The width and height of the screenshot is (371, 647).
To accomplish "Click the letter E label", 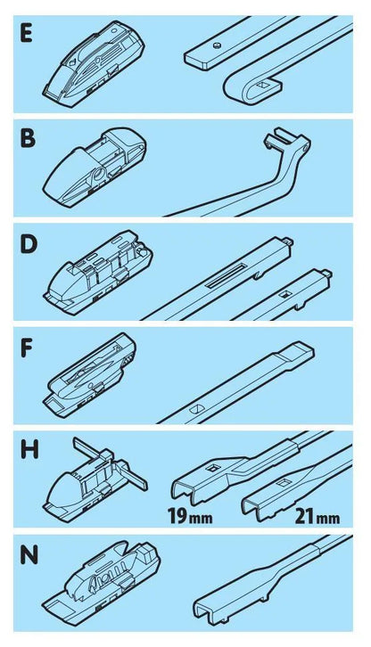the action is pyautogui.click(x=27, y=34).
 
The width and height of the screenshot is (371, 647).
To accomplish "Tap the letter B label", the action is pyautogui.click(x=28, y=138).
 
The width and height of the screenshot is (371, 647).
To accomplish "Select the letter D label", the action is pyautogui.click(x=29, y=245).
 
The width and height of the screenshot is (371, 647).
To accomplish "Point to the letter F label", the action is pyautogui.click(x=26, y=348).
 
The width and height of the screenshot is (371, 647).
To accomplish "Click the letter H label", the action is pyautogui.click(x=29, y=450).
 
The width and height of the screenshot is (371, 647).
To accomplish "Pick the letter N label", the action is pyautogui.click(x=29, y=555).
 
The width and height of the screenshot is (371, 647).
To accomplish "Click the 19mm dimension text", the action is pyautogui.click(x=190, y=517).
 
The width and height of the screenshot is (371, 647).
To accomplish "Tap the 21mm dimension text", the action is pyautogui.click(x=317, y=517).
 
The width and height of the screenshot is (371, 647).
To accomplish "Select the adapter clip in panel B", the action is pyautogui.click(x=95, y=168).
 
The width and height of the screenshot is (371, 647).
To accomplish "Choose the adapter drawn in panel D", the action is pyautogui.click(x=97, y=271).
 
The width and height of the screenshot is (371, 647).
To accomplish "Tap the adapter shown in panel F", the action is pyautogui.click(x=90, y=374).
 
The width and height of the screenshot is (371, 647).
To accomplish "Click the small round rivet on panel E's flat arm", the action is pyautogui.click(x=218, y=46).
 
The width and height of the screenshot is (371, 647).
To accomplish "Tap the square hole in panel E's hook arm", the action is pyautogui.click(x=261, y=86).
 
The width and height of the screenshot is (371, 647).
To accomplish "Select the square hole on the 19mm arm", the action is pyautogui.click(x=215, y=468).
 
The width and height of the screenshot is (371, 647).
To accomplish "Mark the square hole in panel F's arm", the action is pyautogui.click(x=197, y=410).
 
